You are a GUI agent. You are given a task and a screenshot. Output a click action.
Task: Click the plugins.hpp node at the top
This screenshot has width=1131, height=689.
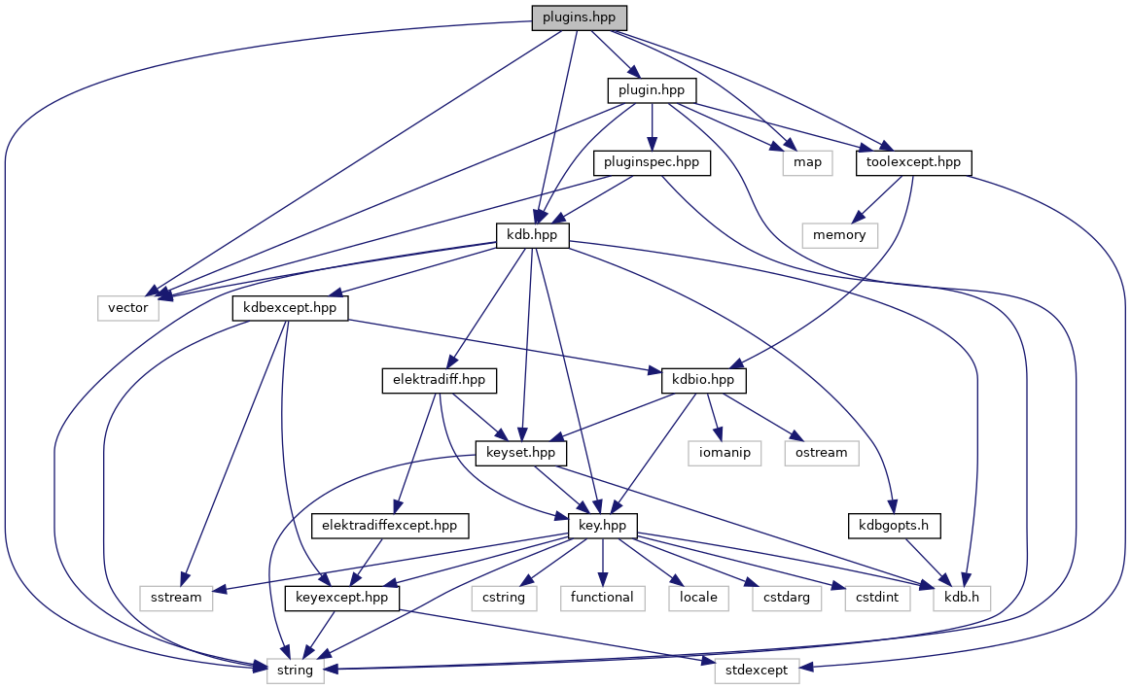(579, 18)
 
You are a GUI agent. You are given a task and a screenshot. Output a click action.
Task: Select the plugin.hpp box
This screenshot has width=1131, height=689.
(652, 90)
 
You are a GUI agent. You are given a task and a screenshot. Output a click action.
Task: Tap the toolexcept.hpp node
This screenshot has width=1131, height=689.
(914, 162)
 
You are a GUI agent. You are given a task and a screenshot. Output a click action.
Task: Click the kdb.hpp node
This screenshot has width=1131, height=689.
(532, 234)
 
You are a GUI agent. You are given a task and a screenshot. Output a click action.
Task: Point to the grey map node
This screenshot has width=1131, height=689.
(807, 162)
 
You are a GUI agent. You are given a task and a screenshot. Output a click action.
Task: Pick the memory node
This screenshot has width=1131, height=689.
(839, 234)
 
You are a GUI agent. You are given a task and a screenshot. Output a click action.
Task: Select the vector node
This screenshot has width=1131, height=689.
(128, 307)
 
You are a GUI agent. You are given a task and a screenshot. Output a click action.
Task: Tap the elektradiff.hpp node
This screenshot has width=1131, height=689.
(439, 380)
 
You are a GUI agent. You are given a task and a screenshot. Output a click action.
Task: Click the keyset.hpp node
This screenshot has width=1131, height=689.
(521, 452)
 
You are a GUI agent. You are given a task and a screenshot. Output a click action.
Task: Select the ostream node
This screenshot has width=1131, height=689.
(822, 452)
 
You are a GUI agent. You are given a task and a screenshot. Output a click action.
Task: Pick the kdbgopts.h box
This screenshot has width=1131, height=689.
(895, 525)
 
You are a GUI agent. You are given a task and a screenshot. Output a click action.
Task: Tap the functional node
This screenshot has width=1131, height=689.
(603, 597)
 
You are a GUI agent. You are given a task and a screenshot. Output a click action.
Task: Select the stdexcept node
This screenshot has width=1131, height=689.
(758, 670)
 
